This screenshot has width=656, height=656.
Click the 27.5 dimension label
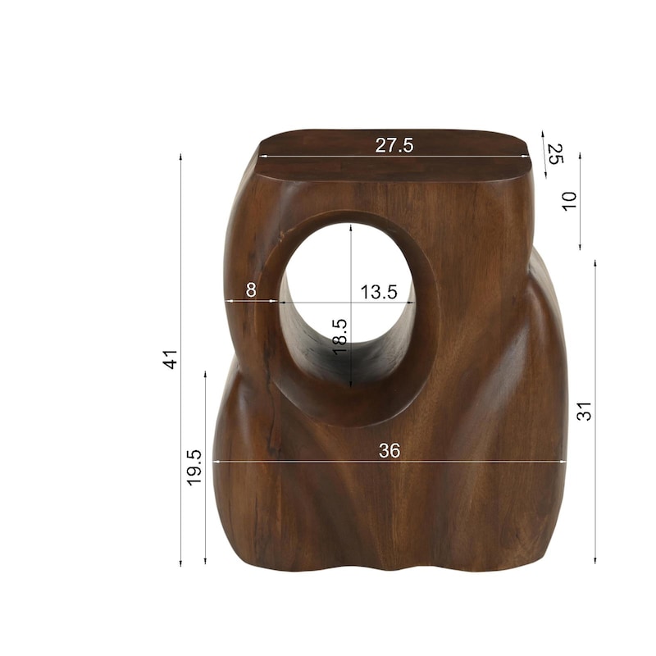point(394,145)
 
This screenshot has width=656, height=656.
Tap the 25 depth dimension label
point(556,154)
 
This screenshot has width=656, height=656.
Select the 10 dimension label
point(569,201)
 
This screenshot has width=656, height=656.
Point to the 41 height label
point(171,360)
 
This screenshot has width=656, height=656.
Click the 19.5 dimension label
point(194,467)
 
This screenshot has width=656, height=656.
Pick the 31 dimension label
point(584,411)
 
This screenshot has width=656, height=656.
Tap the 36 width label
point(389,450)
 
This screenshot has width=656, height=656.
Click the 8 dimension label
point(251,289)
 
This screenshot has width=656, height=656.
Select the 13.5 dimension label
point(379,292)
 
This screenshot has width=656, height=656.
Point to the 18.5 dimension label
point(339,337)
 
